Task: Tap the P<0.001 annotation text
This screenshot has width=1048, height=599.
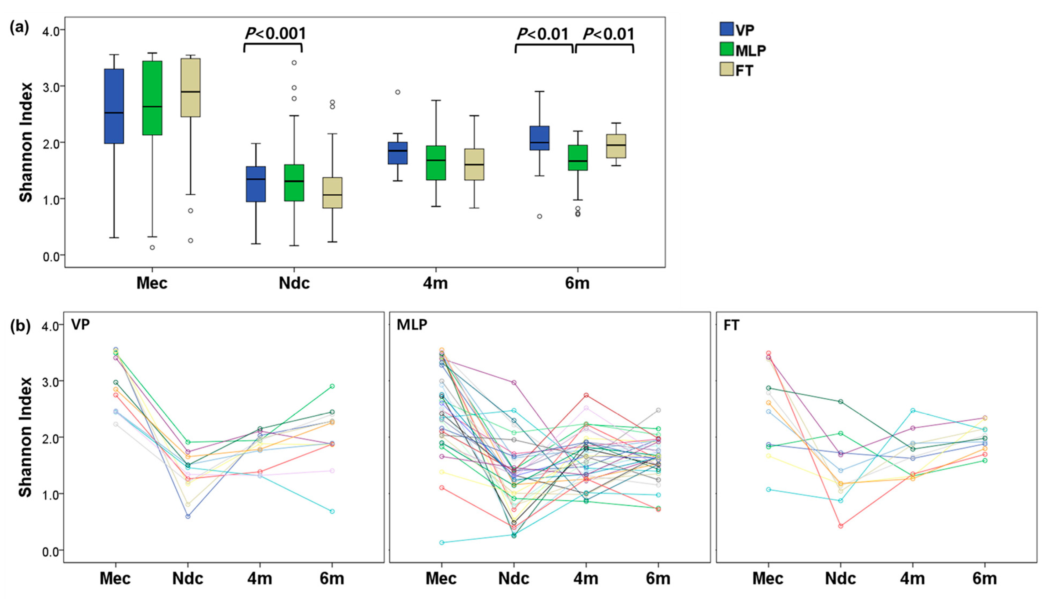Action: pyautogui.click(x=275, y=33)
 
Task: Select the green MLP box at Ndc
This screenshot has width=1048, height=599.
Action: pyautogui.click(x=294, y=183)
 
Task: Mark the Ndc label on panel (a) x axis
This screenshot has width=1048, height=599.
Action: pyautogui.click(x=294, y=283)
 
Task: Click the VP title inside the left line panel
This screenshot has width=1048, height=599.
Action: pyautogui.click(x=81, y=324)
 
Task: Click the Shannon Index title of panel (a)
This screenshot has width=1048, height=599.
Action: pyautogui.click(x=26, y=142)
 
